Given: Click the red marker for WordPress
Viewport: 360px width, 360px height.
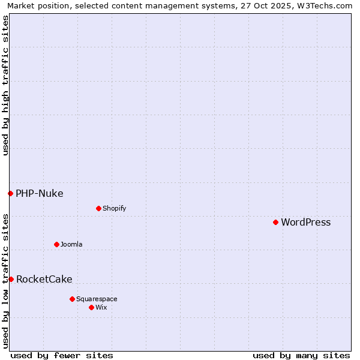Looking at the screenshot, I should point(275,222).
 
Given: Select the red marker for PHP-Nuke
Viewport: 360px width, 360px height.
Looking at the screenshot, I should point(10,193).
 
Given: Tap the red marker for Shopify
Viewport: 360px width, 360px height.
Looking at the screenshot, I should point(98,208).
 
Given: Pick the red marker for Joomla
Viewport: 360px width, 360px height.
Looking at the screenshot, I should point(56,244).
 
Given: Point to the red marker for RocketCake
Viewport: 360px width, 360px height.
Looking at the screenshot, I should point(11,279).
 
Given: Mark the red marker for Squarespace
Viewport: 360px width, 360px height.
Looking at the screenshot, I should point(72,299).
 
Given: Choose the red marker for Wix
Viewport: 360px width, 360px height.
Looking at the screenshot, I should point(91,307).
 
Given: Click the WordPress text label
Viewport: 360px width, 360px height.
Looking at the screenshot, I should point(305,223).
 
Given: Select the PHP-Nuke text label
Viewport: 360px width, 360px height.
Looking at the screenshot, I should point(39,193).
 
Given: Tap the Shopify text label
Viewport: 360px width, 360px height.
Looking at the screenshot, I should point(114,209).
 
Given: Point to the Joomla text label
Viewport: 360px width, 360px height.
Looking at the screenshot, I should point(71,245).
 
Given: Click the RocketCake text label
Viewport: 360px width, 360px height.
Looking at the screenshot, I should point(44,280).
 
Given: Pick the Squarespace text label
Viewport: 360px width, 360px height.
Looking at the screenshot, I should point(97,299).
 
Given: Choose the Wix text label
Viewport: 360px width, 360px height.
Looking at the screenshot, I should point(101,308).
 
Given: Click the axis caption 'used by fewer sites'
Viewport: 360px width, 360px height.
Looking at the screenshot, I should point(62,355).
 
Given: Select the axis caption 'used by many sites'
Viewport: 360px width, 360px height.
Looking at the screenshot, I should point(301,355).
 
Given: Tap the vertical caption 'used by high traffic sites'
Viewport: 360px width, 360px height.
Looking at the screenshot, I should point(5,85).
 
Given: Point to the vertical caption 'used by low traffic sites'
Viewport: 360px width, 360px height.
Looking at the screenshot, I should point(5,280).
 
